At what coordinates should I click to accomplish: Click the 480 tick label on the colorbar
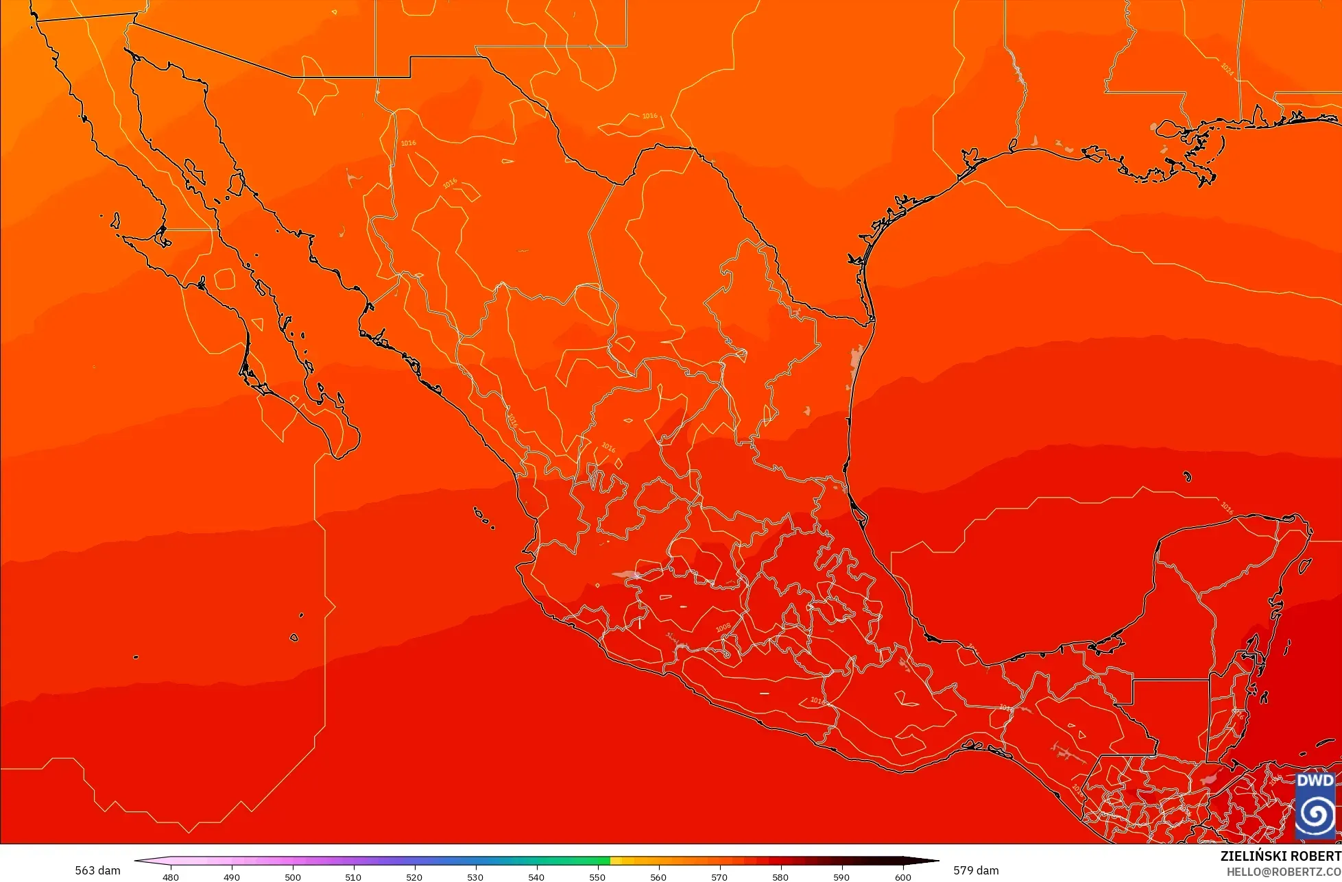click(171, 877)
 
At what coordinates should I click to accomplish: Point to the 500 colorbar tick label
click(293, 877)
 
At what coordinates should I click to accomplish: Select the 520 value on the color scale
click(414, 877)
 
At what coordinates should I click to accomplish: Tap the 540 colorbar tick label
click(536, 877)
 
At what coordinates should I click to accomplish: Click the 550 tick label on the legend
click(597, 877)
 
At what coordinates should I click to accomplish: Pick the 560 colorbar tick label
click(658, 877)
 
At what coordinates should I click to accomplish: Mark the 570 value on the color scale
click(719, 877)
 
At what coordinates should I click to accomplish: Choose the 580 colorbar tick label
click(780, 877)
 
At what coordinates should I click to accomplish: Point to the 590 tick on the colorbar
click(841, 877)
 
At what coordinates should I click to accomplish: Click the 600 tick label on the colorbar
click(902, 877)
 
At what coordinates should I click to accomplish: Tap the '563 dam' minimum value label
click(97, 870)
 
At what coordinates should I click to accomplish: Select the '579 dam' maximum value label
click(976, 870)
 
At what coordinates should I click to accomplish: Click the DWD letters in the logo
click(1315, 781)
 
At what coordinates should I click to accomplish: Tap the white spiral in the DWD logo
click(1315, 814)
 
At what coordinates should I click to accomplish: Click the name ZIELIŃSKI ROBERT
click(1280, 856)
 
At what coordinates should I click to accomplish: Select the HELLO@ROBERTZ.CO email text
click(1284, 872)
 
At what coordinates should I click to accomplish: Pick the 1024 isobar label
click(1227, 69)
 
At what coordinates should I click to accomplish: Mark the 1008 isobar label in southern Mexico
click(723, 628)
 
